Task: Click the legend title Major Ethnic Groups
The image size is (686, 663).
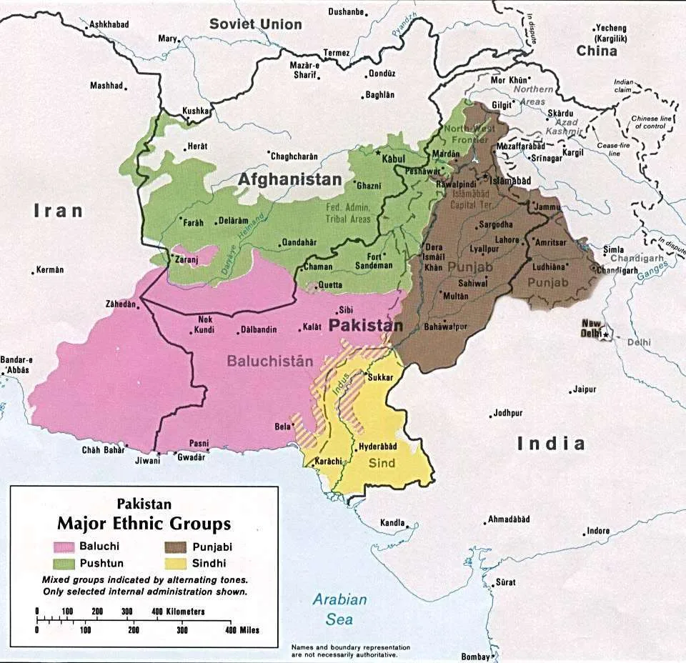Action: point(144,524)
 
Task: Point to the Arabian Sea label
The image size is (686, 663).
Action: point(340,609)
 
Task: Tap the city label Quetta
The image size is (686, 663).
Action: point(330,284)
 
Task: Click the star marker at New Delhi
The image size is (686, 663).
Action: point(606,334)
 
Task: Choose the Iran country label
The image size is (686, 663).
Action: point(59,210)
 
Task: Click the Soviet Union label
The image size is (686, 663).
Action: point(255,24)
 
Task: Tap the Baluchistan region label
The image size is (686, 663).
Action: point(270,361)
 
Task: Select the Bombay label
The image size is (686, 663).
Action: point(475,657)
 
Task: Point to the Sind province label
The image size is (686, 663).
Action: point(382,463)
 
